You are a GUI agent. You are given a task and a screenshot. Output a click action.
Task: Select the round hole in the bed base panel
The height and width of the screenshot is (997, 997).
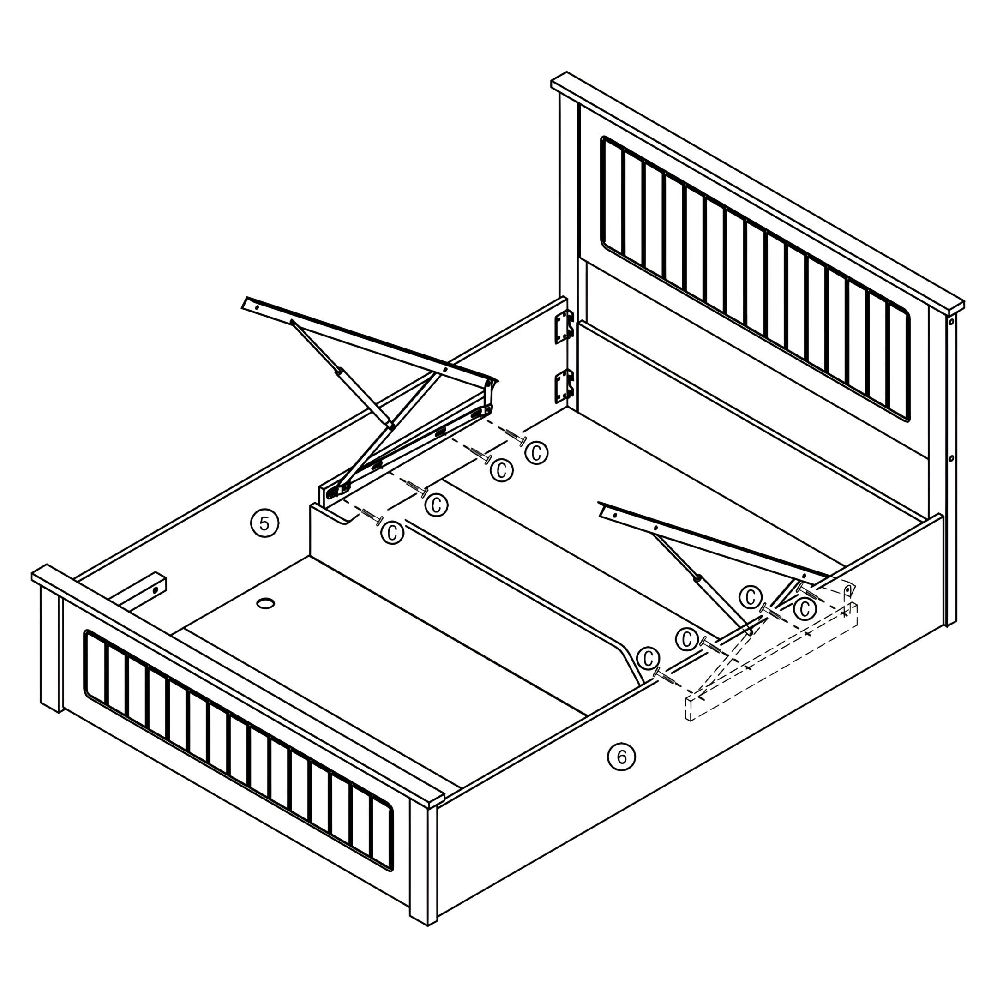(x=266, y=603)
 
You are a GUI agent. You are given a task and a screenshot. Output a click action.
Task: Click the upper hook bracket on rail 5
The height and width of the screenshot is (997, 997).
(x=565, y=327)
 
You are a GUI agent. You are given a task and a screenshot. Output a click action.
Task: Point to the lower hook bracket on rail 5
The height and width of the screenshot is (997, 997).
(x=565, y=386)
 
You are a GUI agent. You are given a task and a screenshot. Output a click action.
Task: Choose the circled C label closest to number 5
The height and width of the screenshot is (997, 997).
(x=392, y=532)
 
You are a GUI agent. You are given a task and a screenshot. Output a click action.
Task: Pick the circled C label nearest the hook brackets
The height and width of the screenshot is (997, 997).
(x=536, y=454)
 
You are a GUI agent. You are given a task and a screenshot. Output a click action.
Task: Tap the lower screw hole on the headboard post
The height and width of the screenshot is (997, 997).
(x=951, y=458)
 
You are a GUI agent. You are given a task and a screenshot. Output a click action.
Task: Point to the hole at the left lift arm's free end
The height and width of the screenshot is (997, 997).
(x=257, y=306)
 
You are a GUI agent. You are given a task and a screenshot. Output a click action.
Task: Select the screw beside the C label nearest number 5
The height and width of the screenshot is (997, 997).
(x=371, y=516)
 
